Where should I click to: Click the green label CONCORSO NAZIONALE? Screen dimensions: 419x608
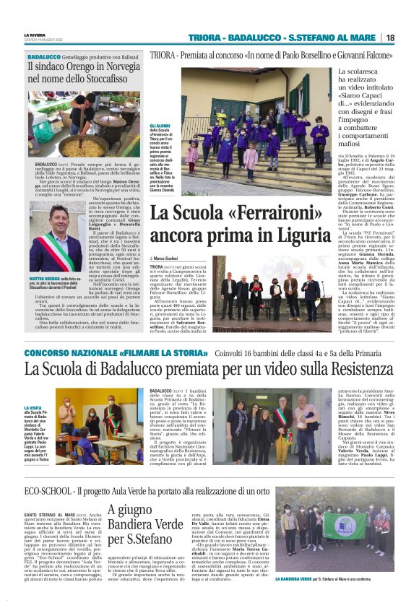tap(70, 352)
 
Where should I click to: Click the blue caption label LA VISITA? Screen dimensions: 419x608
tap(34, 408)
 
